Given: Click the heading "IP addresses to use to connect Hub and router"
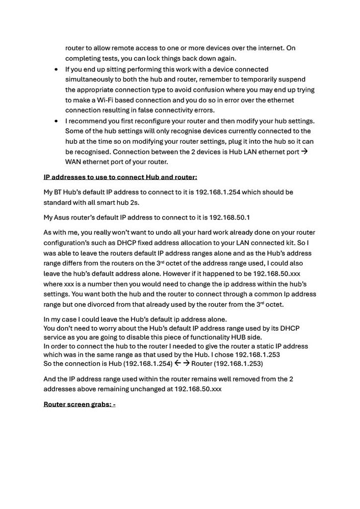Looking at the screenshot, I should (x=120, y=177).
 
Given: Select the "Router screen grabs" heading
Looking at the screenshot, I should (x=80, y=405).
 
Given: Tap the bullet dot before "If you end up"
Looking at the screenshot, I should (x=56, y=69).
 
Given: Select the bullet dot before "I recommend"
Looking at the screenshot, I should (x=56, y=121).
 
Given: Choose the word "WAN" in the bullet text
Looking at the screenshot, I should (x=74, y=162).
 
